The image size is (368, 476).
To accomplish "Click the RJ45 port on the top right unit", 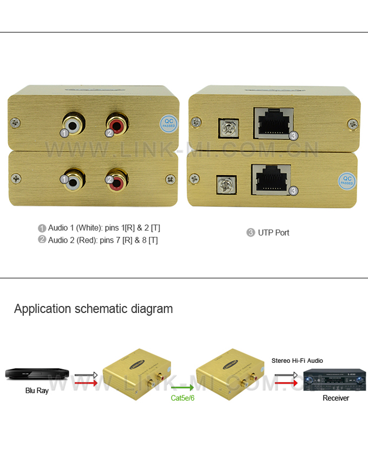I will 273,123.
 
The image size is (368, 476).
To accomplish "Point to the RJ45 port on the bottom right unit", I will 271,179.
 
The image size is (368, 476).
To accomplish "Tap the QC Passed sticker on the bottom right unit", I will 346,180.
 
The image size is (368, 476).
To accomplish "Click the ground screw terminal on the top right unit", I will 225,127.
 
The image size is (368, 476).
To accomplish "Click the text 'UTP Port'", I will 273,233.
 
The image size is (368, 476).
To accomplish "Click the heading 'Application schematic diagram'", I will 94,309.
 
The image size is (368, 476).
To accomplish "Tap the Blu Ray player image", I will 37,374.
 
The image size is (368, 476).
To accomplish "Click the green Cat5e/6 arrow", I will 182,388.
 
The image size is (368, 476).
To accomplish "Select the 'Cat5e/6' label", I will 182,398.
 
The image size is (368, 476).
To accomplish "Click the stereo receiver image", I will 334,380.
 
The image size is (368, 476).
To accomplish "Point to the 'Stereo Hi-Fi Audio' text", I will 297,361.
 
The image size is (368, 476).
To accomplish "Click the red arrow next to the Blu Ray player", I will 86,383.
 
